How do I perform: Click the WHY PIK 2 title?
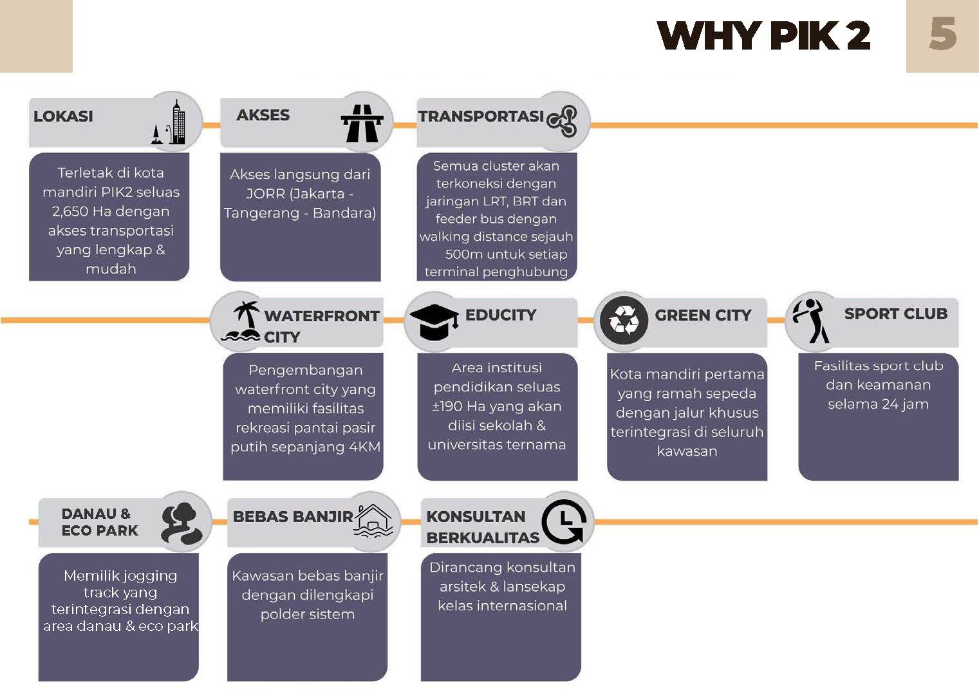coord(763,35)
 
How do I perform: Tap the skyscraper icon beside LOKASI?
coord(171,122)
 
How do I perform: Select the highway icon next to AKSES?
coord(362,123)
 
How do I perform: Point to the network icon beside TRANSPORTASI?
coord(562,121)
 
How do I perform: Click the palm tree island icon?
coord(241,321)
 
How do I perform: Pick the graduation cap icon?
coord(434,321)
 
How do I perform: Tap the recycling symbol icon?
coord(623,320)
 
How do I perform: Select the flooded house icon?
coord(373,521)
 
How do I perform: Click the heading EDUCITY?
coord(500,315)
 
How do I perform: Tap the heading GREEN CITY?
coord(703,315)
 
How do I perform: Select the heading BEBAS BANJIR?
coord(293,517)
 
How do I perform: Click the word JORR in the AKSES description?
coord(265,194)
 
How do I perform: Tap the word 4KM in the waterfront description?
coord(364,447)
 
